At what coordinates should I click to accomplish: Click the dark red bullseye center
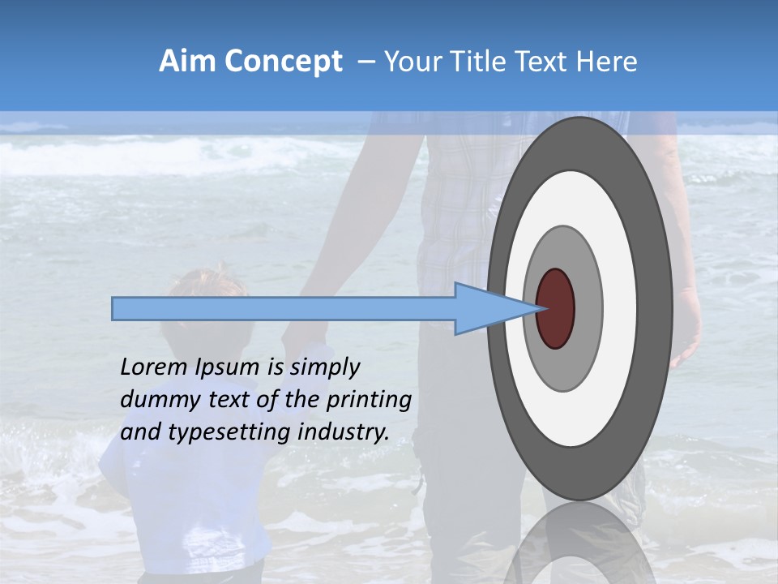(x=556, y=308)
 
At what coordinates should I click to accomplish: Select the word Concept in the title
(x=283, y=62)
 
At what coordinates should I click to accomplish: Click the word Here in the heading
(x=607, y=62)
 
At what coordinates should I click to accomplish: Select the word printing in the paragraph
(x=369, y=401)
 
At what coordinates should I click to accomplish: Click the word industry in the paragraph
(x=344, y=432)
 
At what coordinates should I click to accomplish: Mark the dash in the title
(x=365, y=62)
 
